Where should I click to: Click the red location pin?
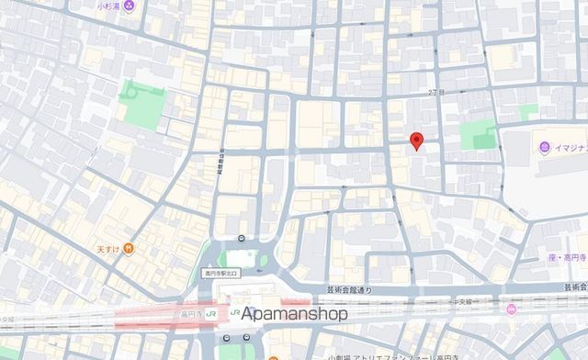point(416,141)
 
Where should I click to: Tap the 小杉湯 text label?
point(110,5)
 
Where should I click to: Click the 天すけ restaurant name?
point(108,248)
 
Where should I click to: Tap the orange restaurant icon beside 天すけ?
point(130,247)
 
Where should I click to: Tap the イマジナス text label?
point(570,148)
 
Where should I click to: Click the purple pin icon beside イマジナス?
point(545,148)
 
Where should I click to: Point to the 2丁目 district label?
point(435,93)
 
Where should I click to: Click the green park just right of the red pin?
point(478,135)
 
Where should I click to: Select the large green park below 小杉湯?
point(140,103)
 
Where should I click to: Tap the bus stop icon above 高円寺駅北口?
point(241,240)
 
